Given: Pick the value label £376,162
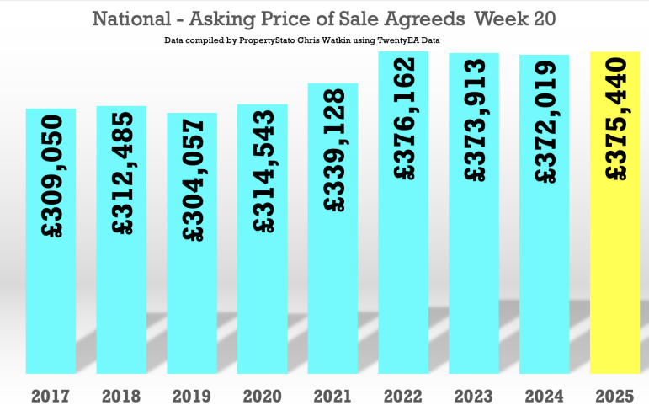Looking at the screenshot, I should click(404, 117).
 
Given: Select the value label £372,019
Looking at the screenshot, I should click(545, 121).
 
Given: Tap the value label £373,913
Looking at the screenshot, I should click(474, 119).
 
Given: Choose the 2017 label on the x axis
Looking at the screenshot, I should click(51, 396).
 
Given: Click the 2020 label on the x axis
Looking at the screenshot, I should click(263, 396).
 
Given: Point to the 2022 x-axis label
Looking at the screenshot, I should click(403, 396).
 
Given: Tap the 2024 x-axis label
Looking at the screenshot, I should click(545, 396).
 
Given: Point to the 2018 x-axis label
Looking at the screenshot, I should click(122, 396).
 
